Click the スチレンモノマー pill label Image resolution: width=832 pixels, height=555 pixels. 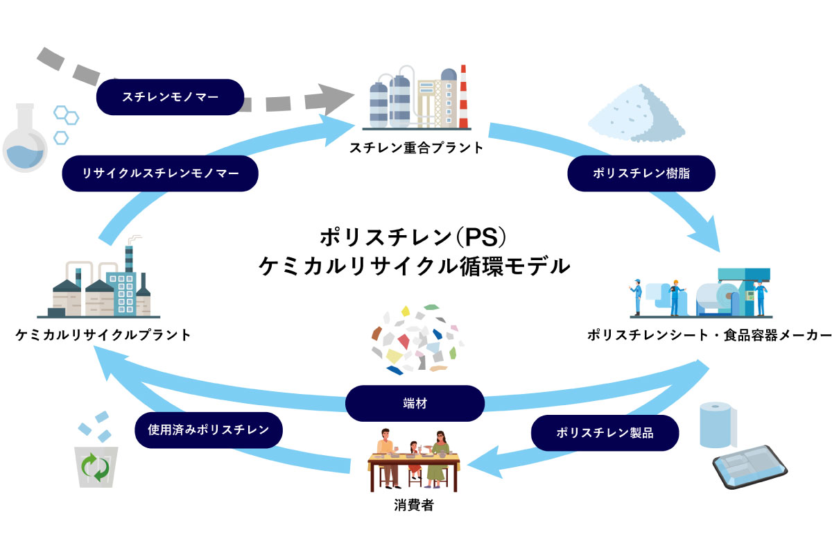(x=170, y=97)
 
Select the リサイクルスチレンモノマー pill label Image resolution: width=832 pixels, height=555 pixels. (x=160, y=173)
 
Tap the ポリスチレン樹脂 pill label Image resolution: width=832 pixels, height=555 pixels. (x=641, y=173)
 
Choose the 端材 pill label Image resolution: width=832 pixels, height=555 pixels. (x=415, y=403)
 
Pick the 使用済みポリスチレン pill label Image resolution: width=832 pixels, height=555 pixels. (x=209, y=430)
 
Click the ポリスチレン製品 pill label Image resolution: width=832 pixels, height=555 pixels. (x=605, y=433)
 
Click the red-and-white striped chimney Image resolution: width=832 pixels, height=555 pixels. (x=463, y=96)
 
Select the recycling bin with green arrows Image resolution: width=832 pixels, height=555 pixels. (x=96, y=467)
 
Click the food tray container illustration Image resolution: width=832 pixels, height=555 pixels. (x=750, y=466)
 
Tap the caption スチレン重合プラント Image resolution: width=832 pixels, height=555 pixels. (x=417, y=148)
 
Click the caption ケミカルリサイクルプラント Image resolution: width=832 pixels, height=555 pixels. (x=103, y=335)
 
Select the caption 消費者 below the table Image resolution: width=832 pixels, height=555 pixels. (x=414, y=505)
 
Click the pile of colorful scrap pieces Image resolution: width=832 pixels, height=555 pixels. (x=417, y=339)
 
